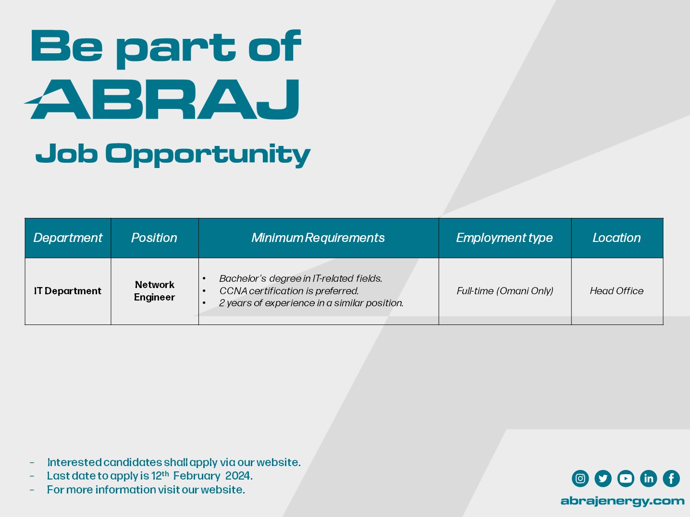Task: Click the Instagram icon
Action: tap(580, 479)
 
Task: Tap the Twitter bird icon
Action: tap(603, 479)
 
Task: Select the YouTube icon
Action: tap(626, 479)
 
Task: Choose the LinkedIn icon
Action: tap(649, 479)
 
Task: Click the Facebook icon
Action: tap(671, 479)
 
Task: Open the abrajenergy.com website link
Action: tap(622, 501)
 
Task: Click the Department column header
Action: tap(68, 238)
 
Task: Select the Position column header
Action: tap(154, 238)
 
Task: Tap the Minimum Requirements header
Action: tap(318, 238)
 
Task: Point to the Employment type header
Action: tap(504, 238)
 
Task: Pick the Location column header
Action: tap(616, 238)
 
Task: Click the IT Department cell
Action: tap(68, 291)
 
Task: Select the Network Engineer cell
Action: tap(154, 291)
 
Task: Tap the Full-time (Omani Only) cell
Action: tap(505, 291)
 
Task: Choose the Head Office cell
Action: tap(616, 291)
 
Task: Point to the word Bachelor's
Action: tap(243, 278)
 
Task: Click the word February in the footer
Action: tap(197, 476)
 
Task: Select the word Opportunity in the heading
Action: tap(208, 155)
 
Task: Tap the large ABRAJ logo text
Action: tap(162, 99)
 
